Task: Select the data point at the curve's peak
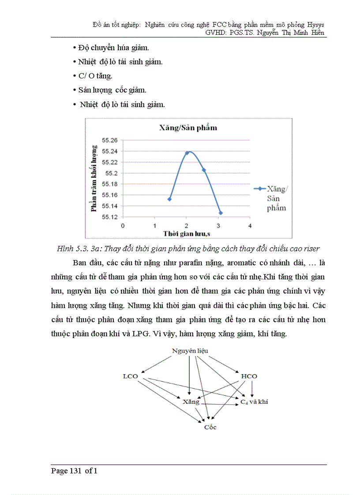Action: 187,153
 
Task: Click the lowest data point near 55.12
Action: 221,213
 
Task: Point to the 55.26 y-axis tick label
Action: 109,140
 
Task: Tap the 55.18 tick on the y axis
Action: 109,184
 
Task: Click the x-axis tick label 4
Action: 250,225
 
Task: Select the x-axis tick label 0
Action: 123,225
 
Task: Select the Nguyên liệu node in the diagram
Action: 190,351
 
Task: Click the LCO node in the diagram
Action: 130,376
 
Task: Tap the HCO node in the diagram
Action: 249,376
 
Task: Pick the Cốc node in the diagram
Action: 210,427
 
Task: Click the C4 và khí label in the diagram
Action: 254,402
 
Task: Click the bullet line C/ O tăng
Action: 89,76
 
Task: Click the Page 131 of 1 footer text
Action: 74,471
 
